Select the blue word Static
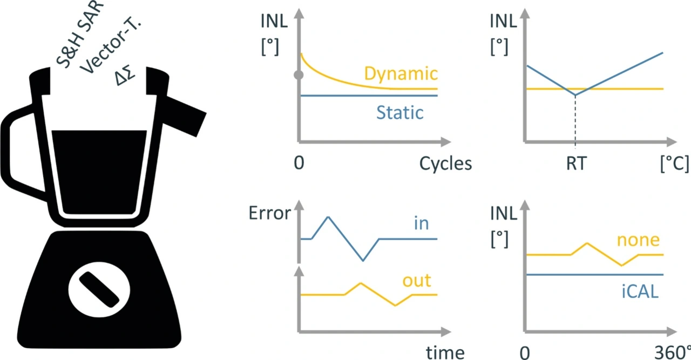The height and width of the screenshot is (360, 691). [400, 113]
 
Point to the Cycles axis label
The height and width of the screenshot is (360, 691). [445, 164]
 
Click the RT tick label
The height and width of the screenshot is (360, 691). [575, 164]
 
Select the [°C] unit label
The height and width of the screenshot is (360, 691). [674, 164]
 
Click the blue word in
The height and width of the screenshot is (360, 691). [421, 223]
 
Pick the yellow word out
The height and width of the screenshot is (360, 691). [417, 281]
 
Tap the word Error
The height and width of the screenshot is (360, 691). [270, 213]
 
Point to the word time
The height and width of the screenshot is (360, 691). [445, 352]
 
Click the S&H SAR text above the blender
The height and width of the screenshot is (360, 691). [76, 32]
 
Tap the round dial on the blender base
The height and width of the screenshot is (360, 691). [99, 288]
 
